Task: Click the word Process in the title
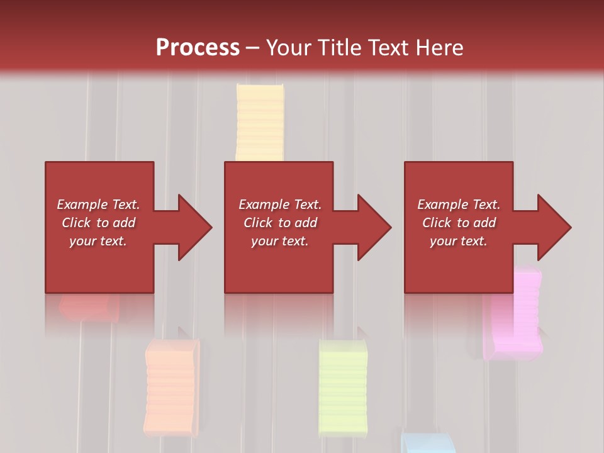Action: tap(198, 48)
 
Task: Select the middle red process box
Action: tap(279, 264)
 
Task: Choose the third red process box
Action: tap(458, 264)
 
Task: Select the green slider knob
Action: tap(343, 386)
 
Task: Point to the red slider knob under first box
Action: tap(89, 306)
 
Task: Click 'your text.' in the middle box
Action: tap(279, 241)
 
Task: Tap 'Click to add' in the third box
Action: tap(459, 223)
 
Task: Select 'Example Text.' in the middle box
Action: tap(279, 204)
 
